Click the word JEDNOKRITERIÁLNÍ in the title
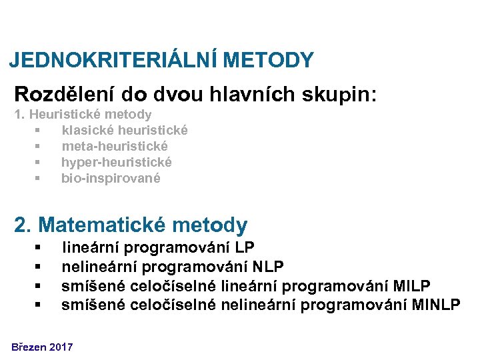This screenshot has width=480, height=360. [114, 61]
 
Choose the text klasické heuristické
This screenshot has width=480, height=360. [125, 130]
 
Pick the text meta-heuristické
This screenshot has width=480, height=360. [115, 146]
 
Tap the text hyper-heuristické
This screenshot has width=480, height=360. [117, 162]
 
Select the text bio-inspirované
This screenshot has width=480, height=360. [111, 178]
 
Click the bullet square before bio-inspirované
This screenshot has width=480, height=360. [39, 179]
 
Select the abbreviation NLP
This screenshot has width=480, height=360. [269, 267]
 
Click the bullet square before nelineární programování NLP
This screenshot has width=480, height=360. [39, 268]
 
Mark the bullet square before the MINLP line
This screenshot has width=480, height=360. [39, 305]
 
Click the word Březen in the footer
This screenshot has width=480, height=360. [28, 347]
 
